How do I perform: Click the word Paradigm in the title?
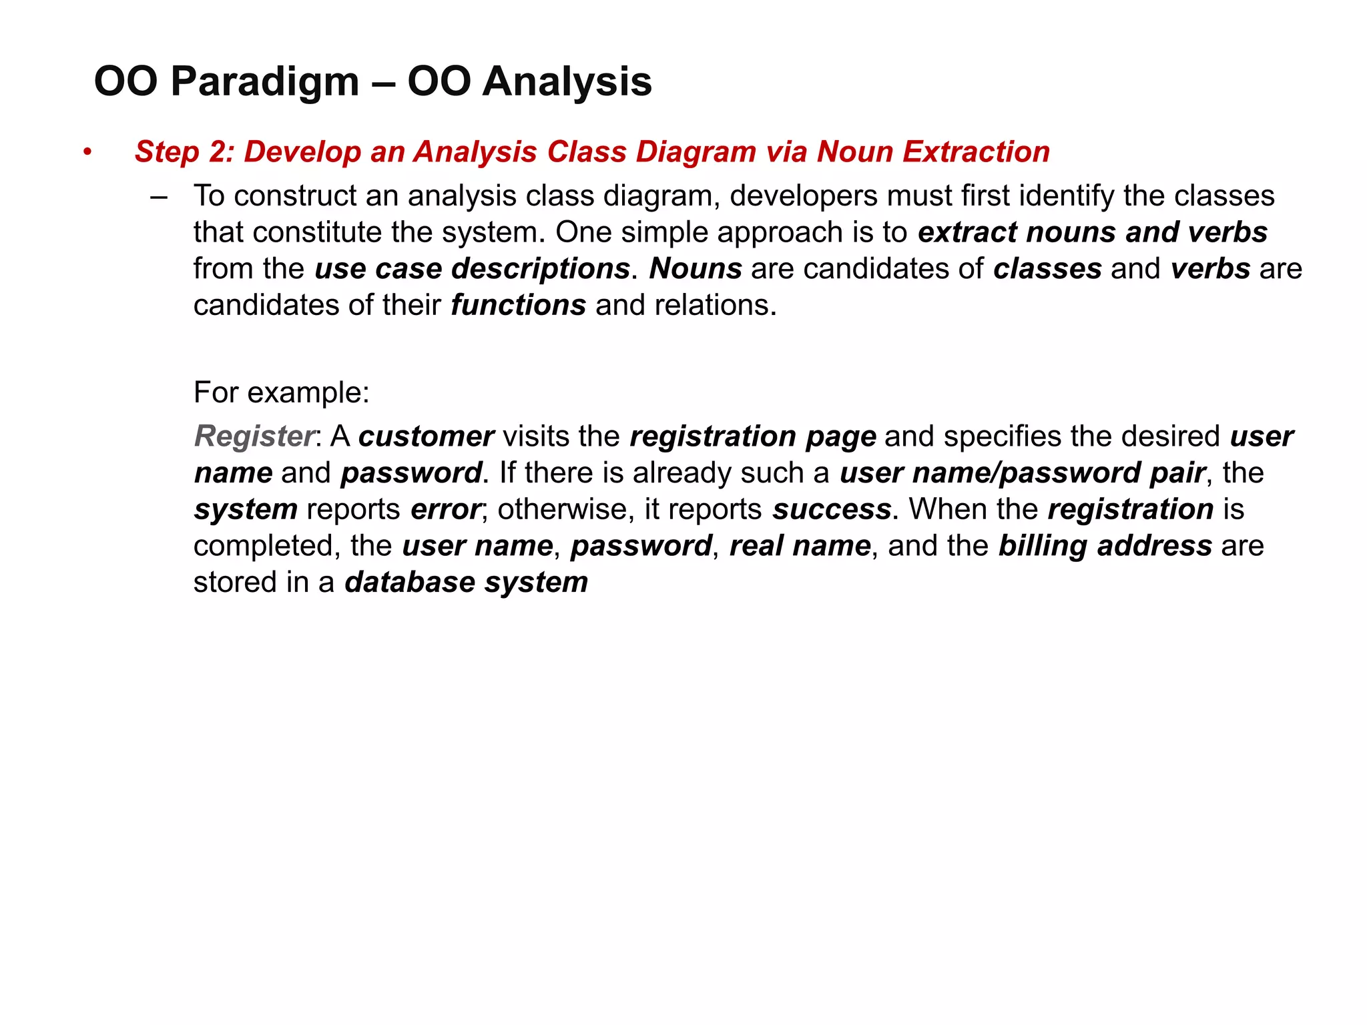(x=264, y=82)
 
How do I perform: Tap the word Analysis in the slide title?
(x=567, y=82)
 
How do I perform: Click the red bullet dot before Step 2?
(x=87, y=153)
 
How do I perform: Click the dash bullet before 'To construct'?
(x=159, y=197)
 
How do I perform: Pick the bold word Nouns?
(x=696, y=269)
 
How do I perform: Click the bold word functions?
(x=519, y=306)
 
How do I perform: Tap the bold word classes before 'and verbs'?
(x=1047, y=269)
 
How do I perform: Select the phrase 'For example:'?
(x=281, y=392)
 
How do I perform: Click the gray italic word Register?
(x=254, y=436)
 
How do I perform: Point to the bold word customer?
(x=426, y=436)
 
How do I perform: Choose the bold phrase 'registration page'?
(x=753, y=436)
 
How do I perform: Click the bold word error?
(x=445, y=510)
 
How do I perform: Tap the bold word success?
(x=832, y=510)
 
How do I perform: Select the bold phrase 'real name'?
(x=800, y=547)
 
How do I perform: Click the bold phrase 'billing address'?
(x=1105, y=547)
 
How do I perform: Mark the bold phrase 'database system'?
(x=466, y=583)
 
